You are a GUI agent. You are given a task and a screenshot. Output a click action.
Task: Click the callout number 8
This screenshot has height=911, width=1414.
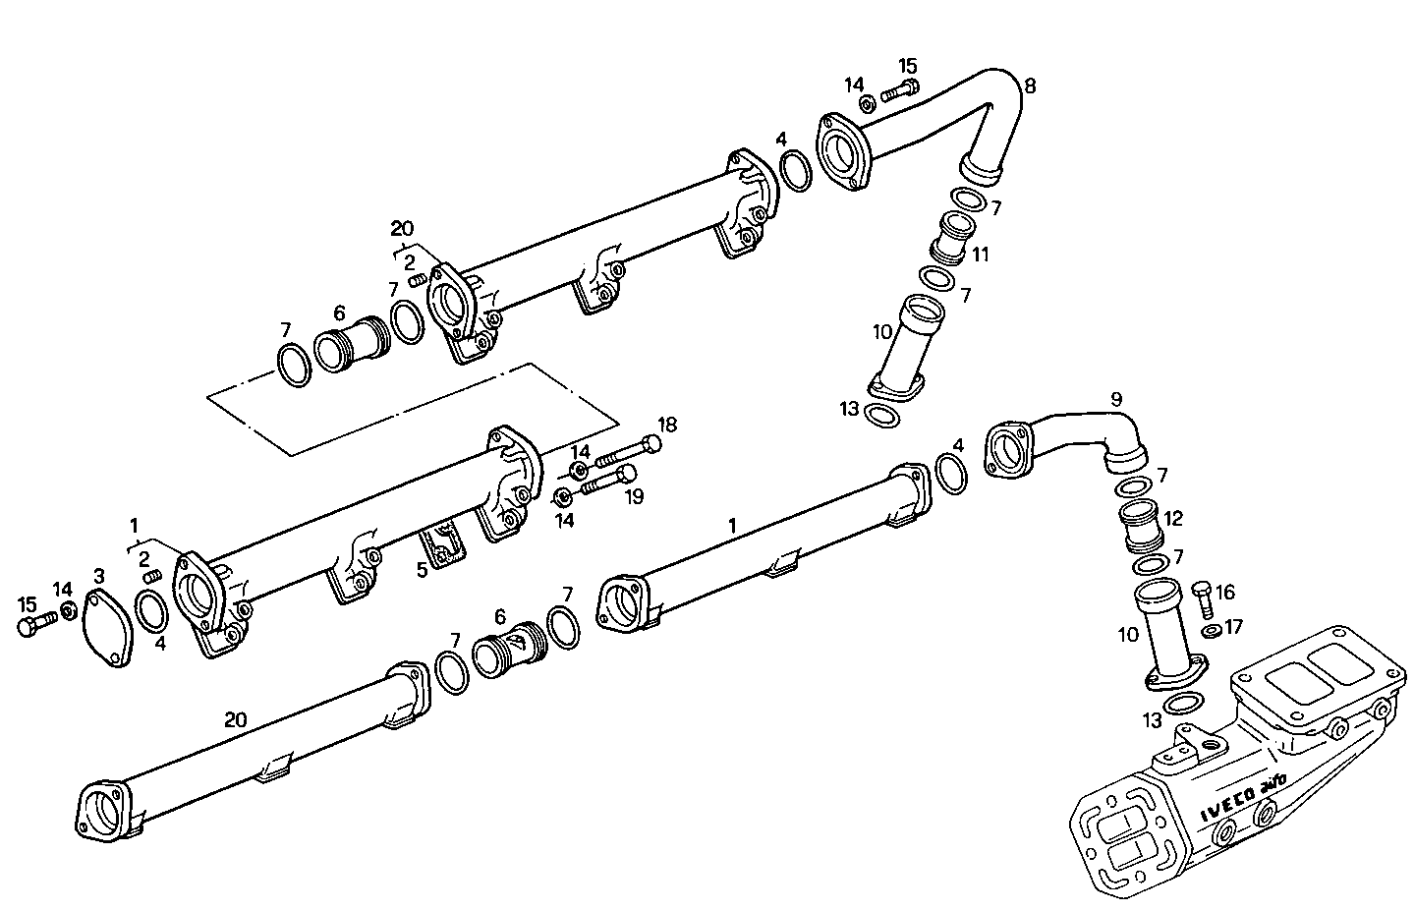(x=1029, y=85)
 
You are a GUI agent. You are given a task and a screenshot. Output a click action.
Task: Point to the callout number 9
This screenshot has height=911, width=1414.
(x=1115, y=399)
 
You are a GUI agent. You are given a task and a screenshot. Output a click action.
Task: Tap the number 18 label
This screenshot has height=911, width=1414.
(x=668, y=425)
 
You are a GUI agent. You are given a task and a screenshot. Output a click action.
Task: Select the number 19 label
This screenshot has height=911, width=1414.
(x=634, y=496)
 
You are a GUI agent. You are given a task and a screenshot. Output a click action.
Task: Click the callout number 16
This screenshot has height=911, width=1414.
(x=1225, y=592)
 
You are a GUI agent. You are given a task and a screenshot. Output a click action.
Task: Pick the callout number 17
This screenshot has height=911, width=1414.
(x=1233, y=625)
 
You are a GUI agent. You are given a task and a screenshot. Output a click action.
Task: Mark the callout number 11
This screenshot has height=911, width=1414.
(x=980, y=255)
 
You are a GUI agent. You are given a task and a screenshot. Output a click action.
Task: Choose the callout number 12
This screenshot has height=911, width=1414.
(x=1173, y=518)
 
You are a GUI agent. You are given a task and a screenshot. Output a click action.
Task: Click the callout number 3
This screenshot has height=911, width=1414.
(x=99, y=574)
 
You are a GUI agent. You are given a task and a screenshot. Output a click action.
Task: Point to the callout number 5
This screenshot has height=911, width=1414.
(x=422, y=569)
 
